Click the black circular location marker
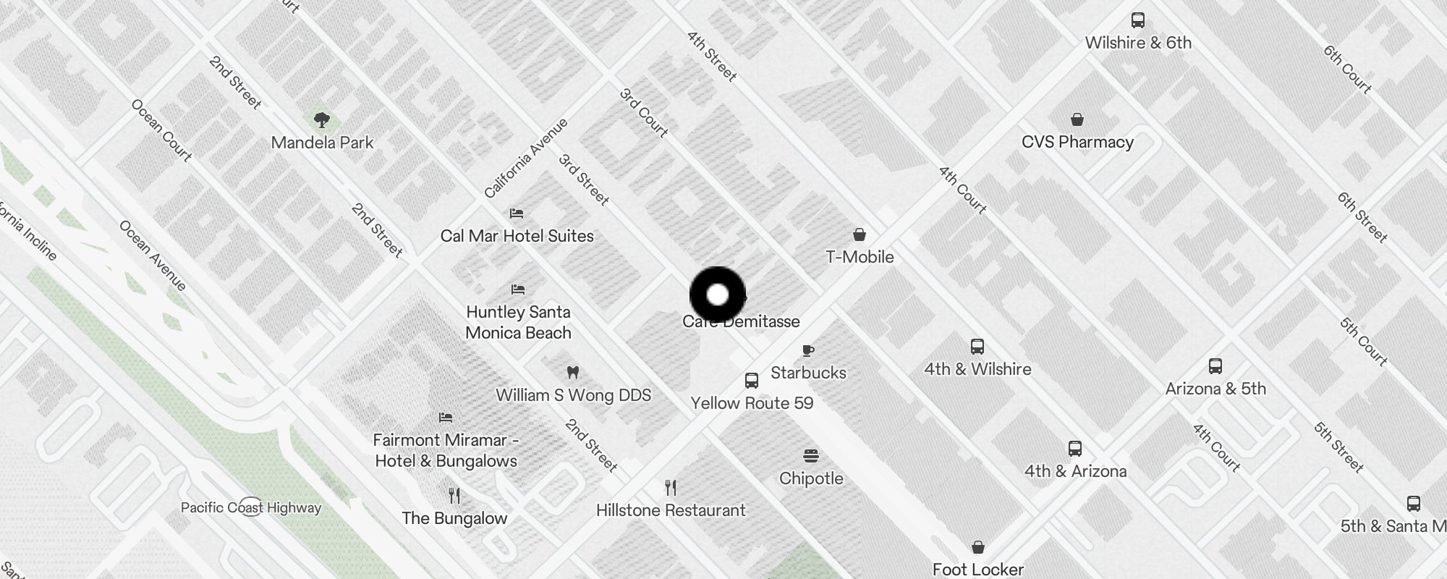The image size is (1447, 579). [717, 295]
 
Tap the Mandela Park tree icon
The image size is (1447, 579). [322, 119]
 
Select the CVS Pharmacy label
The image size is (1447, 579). [1077, 142]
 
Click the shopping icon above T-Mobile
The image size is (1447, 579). [859, 234]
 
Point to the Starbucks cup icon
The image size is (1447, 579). [808, 351]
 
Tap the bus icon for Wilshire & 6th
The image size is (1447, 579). [1138, 20]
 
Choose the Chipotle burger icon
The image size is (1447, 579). [810, 456]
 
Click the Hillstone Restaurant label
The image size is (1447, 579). [670, 510]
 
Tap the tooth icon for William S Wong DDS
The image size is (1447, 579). [573, 373]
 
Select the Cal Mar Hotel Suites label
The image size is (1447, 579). [517, 236]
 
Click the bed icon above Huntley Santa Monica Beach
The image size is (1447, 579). [517, 289]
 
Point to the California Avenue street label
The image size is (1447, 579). [525, 159]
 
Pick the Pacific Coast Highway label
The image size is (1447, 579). [250, 507]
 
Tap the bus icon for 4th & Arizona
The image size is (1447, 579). [1075, 449]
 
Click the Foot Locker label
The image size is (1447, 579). [977, 570]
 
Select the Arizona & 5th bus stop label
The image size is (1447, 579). [1215, 389]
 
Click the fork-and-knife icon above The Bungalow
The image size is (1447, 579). [454, 496]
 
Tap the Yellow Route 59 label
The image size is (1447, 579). [752, 403]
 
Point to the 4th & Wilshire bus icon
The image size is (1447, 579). [977, 347]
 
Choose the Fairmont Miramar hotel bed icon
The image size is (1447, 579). [446, 418]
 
